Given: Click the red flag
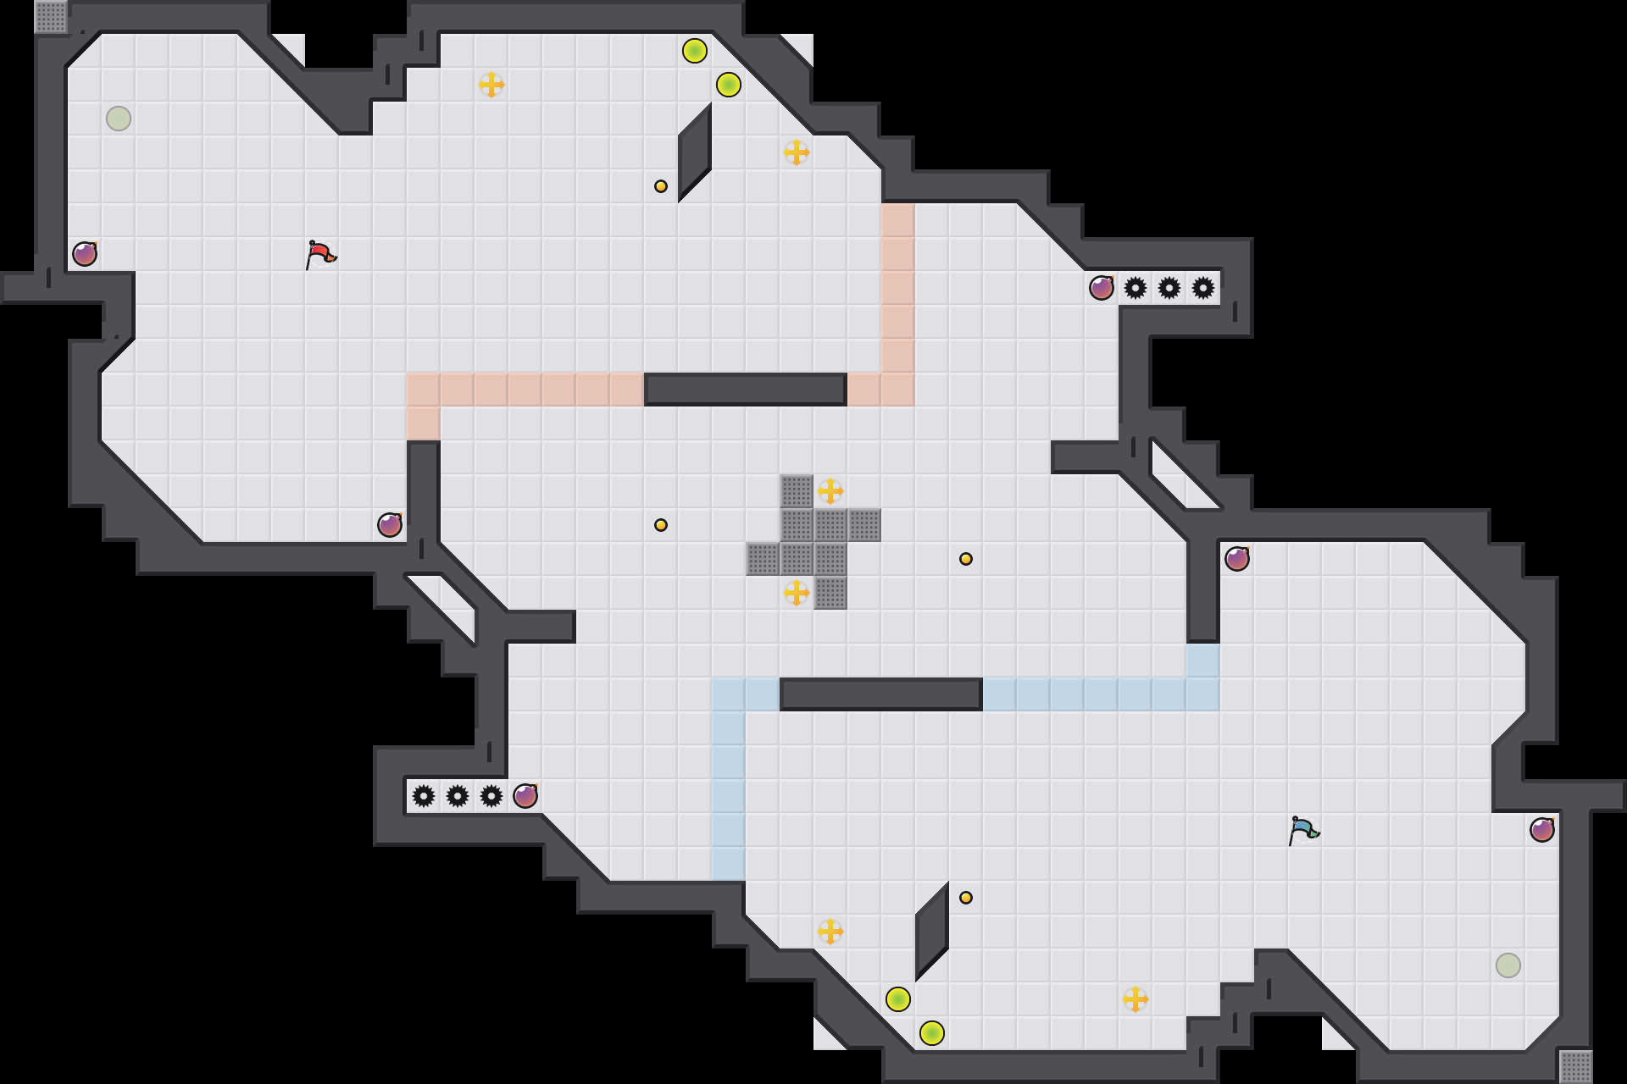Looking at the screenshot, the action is [320, 254].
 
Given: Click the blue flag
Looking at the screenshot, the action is [1303, 830].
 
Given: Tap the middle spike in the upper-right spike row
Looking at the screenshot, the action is [1169, 288].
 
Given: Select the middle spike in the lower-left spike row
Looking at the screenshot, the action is [458, 796].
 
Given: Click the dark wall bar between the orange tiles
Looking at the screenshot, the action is [746, 390].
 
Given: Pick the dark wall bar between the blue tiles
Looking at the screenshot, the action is [881, 694].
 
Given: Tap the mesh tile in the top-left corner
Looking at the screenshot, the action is [51, 17].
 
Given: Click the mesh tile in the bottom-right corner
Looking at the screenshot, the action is [1576, 1067].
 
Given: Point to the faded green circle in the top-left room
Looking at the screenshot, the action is [119, 119].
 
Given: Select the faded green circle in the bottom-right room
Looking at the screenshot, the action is [1508, 965].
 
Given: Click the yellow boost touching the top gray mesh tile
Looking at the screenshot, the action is [830, 491].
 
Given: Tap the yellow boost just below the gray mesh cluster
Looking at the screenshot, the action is [797, 593].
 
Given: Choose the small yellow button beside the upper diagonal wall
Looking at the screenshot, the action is [661, 186].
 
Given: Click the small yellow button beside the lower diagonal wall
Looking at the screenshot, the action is [966, 898].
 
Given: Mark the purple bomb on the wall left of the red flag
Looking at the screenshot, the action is [85, 254].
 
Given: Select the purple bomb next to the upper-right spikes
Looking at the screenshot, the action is [1102, 288].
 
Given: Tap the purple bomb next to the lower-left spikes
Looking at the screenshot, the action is [525, 796].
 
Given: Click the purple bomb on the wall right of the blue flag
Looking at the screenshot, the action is [1542, 830].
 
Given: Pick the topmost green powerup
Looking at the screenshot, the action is [695, 51].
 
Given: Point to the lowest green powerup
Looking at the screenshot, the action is [932, 1033].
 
